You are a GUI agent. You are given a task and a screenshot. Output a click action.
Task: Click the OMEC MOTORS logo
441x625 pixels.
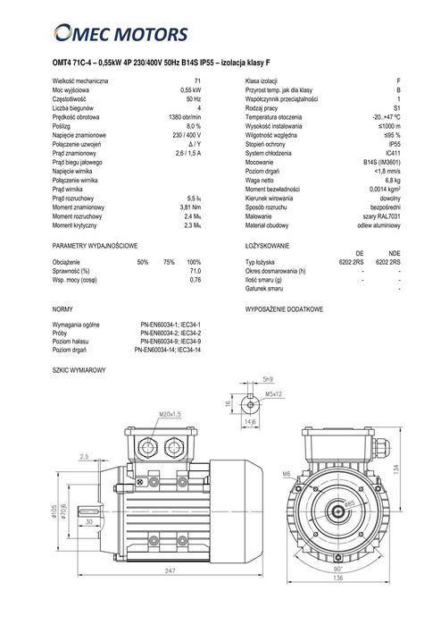(121, 33)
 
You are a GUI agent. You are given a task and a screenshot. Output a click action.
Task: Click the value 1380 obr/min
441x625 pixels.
(185, 117)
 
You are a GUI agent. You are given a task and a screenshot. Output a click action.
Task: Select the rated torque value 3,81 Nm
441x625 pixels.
(190, 207)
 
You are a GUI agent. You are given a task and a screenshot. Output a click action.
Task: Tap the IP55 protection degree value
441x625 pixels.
(395, 144)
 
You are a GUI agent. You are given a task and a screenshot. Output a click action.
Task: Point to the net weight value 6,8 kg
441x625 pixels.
(393, 180)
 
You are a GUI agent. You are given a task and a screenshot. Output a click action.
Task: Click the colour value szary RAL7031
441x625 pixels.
(379, 216)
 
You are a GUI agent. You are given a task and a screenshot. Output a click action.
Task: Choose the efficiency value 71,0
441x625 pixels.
(196, 271)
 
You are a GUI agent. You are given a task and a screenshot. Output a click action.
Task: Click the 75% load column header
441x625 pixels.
(169, 262)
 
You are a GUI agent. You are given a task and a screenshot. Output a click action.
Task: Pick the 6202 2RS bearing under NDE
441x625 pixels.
(388, 262)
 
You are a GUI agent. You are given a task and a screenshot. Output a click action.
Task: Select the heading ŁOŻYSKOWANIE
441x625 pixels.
(267, 246)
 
